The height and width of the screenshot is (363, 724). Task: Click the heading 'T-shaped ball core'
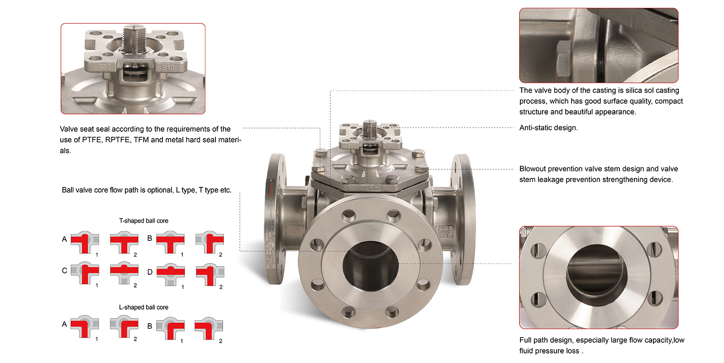click(x=144, y=221)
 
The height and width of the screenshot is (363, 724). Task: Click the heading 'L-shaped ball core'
click(x=144, y=307)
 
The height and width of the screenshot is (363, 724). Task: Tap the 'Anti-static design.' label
click(x=548, y=128)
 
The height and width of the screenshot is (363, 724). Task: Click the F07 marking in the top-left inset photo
click(x=104, y=68)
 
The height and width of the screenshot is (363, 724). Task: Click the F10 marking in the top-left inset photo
click(x=167, y=68)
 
